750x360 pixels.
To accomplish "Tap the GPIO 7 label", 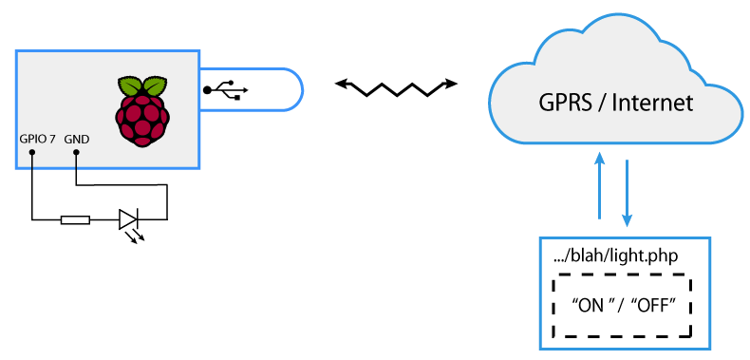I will (x=38, y=139).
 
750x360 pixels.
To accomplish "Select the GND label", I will (x=77, y=139).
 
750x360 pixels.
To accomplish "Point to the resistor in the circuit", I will (x=75, y=220).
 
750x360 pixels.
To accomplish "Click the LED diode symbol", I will (x=128, y=220).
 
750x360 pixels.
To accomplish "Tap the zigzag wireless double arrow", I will (x=396, y=87).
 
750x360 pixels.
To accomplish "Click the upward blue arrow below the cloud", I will (x=599, y=185).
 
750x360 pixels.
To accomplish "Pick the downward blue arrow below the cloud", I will (x=628, y=190).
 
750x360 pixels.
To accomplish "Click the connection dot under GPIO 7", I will (x=32, y=150).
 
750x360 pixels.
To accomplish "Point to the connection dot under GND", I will (x=75, y=150).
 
